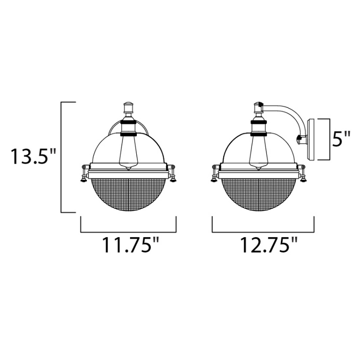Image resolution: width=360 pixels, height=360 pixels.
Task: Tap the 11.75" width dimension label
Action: point(129,245)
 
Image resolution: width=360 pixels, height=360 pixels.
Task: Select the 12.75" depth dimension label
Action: point(263,245)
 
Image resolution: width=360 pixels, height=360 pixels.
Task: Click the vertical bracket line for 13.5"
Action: point(62,157)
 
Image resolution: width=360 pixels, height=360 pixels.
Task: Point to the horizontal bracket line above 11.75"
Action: point(129,231)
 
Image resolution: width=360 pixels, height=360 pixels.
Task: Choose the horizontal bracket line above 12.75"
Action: point(263,231)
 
